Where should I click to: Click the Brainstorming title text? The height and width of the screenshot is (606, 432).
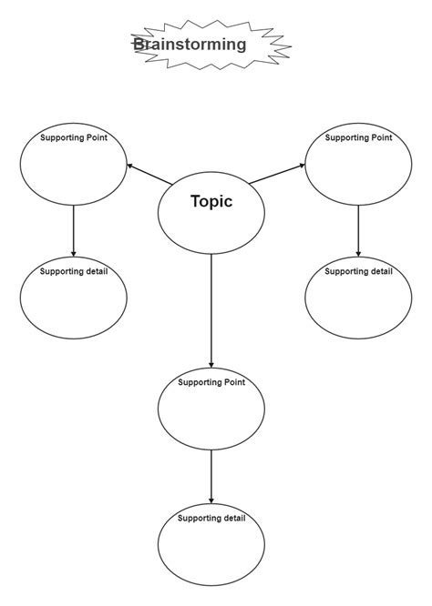pyautogui.click(x=190, y=44)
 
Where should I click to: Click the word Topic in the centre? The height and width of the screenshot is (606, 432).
pyautogui.click(x=211, y=202)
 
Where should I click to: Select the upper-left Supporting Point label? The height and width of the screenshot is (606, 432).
pyautogui.click(x=73, y=137)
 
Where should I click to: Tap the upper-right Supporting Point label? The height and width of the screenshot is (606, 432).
pyautogui.click(x=358, y=137)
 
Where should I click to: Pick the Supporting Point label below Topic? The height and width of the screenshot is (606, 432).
pyautogui.click(x=211, y=382)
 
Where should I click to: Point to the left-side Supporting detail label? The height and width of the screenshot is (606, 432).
pyautogui.click(x=73, y=271)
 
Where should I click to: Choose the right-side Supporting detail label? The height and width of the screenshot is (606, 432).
pyautogui.click(x=358, y=271)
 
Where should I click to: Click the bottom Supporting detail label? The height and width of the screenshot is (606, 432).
pyautogui.click(x=211, y=518)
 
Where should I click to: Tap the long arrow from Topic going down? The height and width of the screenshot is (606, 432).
pyautogui.click(x=211, y=309)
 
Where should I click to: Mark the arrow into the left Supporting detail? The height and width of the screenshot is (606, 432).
pyautogui.click(x=73, y=231)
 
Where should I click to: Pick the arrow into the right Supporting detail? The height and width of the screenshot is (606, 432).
pyautogui.click(x=358, y=231)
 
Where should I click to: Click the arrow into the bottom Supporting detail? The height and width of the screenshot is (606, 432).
pyautogui.click(x=211, y=476)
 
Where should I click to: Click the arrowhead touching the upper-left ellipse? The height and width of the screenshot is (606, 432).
pyautogui.click(x=130, y=166)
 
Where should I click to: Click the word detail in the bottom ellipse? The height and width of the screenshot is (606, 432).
pyautogui.click(x=232, y=518)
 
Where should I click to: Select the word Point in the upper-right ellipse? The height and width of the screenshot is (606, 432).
pyautogui.click(x=379, y=137)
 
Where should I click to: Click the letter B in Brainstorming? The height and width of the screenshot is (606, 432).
pyautogui.click(x=139, y=44)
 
